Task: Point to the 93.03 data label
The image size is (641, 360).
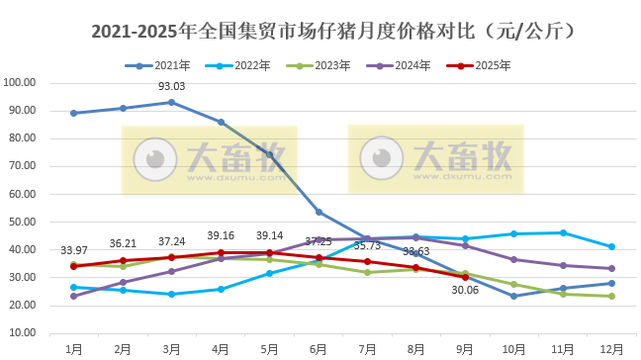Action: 172,87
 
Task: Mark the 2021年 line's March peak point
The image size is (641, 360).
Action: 171,102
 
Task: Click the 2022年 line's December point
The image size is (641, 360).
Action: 611,246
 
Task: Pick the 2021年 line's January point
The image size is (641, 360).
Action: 73,113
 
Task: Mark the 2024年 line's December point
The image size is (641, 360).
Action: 611,268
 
